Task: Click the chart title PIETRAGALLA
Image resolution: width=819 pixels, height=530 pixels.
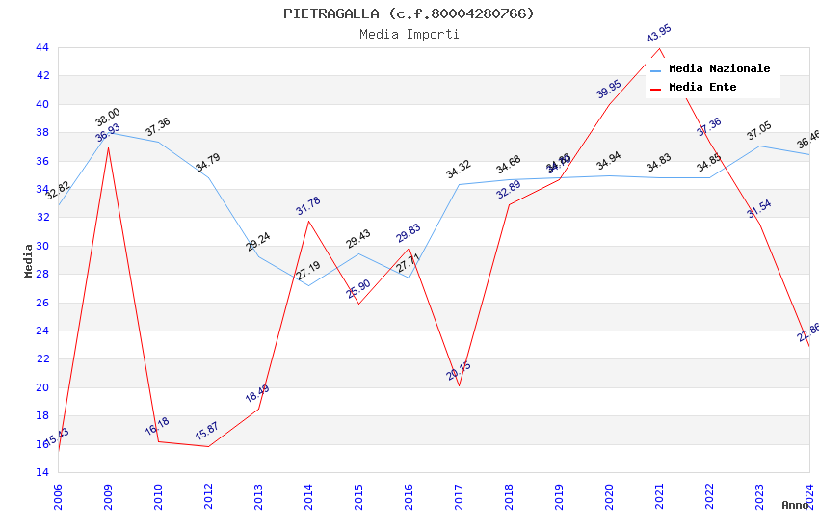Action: (x=409, y=13)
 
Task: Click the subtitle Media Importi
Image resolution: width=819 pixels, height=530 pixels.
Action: (x=409, y=35)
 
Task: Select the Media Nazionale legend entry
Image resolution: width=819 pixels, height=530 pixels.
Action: (x=719, y=69)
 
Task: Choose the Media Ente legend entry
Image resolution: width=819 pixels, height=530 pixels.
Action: (x=702, y=88)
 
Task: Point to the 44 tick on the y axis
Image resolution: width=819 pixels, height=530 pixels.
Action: (x=41, y=47)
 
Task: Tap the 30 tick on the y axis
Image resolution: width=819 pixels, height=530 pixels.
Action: (x=41, y=246)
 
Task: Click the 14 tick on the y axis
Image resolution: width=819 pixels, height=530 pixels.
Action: (x=41, y=472)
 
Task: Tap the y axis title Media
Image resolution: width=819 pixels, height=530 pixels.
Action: (x=29, y=260)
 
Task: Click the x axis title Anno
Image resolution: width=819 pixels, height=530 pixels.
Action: (x=795, y=505)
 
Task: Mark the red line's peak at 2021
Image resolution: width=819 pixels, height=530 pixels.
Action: (x=659, y=48)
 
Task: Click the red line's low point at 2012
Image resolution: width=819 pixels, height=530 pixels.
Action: (x=208, y=446)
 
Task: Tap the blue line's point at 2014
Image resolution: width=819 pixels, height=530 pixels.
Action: (x=308, y=285)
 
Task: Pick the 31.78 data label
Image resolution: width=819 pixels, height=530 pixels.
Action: (x=308, y=206)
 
